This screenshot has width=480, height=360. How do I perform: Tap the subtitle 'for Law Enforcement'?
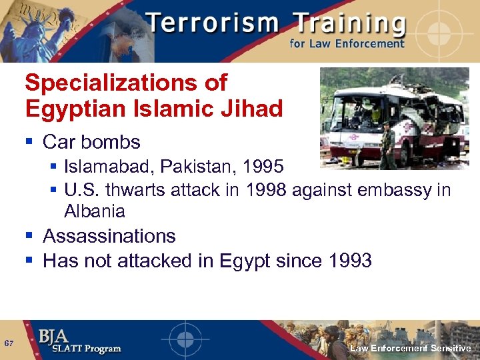[x=347, y=44]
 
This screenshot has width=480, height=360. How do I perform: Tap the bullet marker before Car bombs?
[x=30, y=142]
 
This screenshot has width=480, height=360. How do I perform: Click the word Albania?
[x=95, y=211]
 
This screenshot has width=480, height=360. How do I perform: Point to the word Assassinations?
[x=109, y=236]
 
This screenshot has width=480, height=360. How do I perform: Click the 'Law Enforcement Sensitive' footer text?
[x=411, y=349]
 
